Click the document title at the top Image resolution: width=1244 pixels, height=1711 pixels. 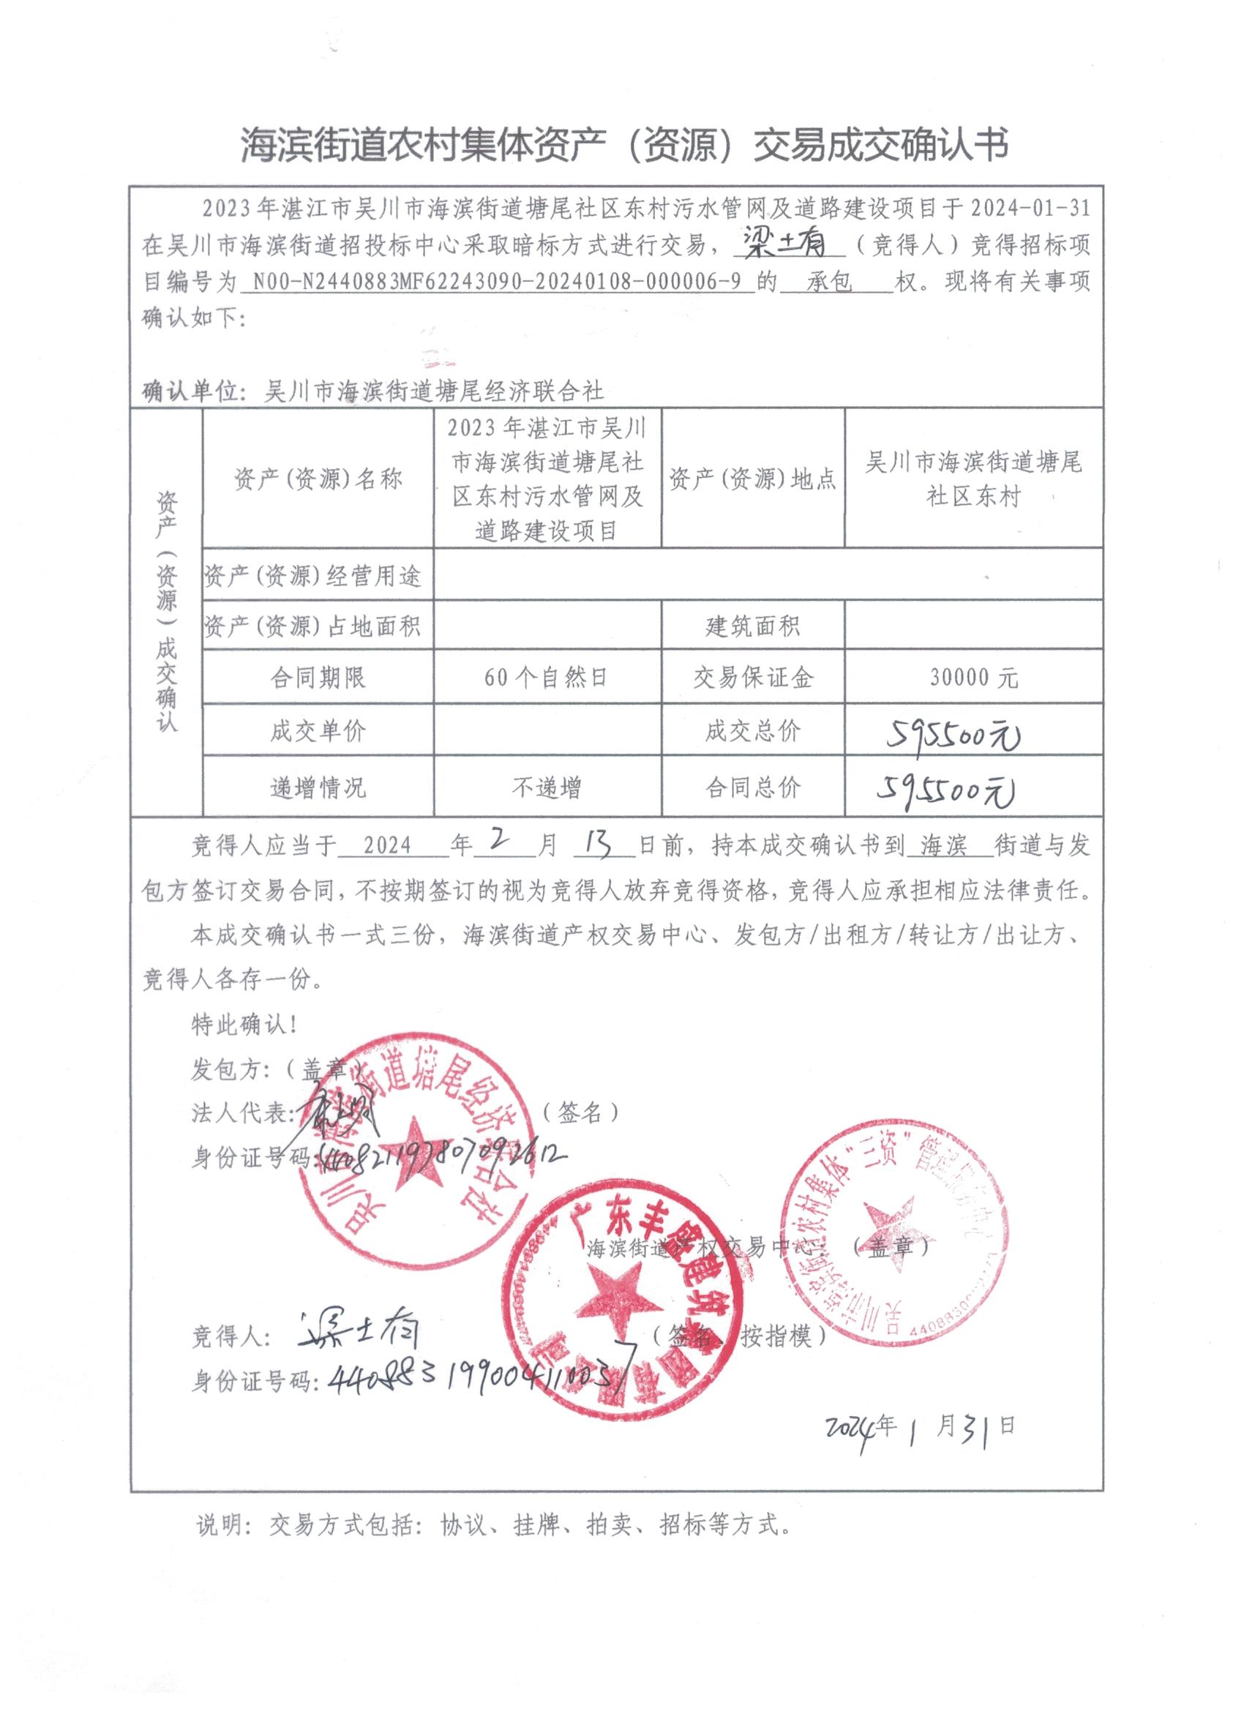(x=624, y=145)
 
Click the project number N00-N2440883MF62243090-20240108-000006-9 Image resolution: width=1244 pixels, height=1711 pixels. (x=495, y=282)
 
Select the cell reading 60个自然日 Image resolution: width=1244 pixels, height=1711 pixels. (x=546, y=678)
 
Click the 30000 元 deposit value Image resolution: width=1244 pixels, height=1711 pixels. (x=973, y=678)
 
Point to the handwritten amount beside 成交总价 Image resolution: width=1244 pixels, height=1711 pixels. (x=952, y=733)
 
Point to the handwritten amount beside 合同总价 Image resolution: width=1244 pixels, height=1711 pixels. (x=945, y=790)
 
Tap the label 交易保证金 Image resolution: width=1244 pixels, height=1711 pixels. (x=753, y=678)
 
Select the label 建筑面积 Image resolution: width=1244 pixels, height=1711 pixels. (x=753, y=626)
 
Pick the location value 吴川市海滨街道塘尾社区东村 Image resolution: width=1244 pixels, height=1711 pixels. (x=973, y=479)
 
